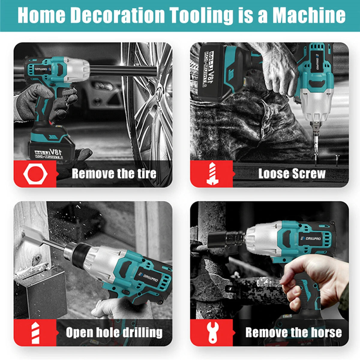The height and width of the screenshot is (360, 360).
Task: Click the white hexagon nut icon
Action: click(35, 174)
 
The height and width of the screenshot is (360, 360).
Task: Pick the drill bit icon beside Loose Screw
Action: click(212, 174)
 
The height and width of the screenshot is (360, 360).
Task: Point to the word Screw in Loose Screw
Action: click(309, 173)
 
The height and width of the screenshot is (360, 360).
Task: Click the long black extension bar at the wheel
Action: click(123, 70)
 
